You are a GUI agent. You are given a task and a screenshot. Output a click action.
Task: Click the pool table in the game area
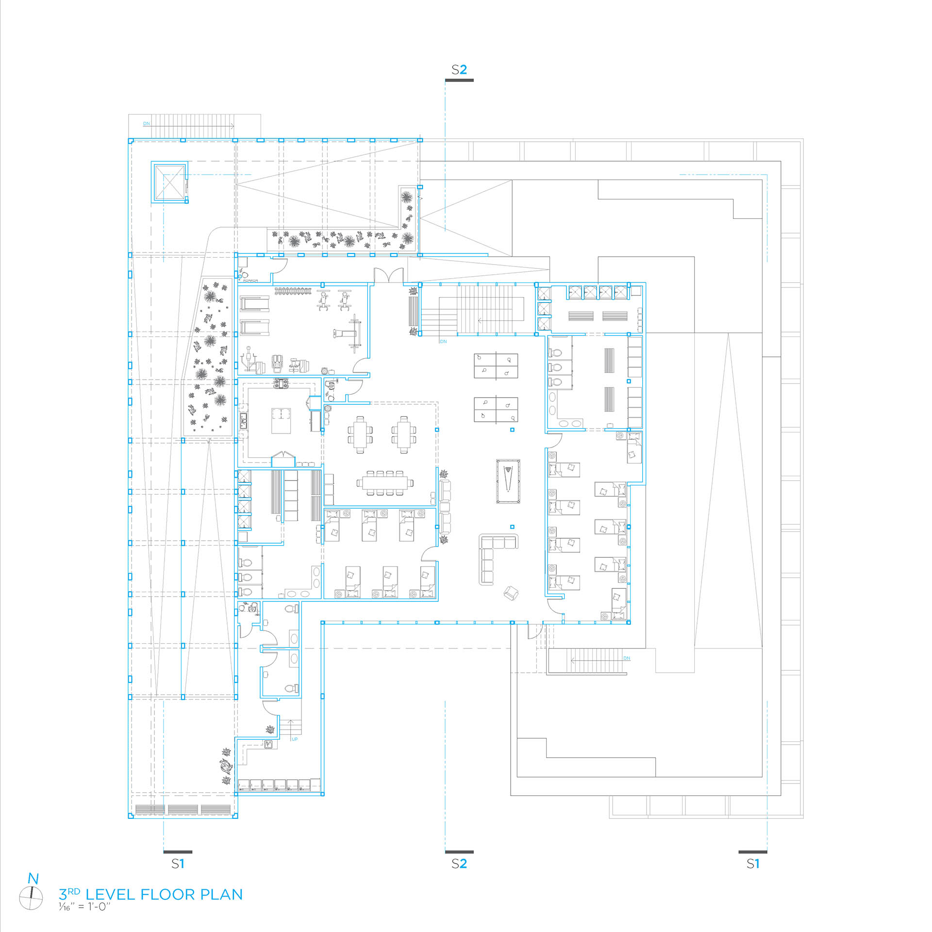pos(508,481)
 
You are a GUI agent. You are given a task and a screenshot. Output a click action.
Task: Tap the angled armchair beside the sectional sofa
pos(511,593)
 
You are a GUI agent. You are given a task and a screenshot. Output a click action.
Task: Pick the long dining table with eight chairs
pos(385,483)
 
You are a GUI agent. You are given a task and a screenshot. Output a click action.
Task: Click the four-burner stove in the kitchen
pos(281,384)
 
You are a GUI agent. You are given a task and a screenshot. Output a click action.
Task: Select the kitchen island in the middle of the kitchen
pos(281,420)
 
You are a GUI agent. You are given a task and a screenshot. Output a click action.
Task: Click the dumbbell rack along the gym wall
pos(293,291)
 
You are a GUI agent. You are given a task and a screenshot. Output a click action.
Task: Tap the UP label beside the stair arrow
pos(295,739)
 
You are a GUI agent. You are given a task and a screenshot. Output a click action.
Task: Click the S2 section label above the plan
pos(459,70)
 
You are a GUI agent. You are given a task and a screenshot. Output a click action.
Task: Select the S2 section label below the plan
pos(459,864)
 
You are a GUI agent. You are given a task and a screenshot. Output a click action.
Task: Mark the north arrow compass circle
pos(31,899)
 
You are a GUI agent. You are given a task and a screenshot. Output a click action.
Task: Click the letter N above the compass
pos(33,879)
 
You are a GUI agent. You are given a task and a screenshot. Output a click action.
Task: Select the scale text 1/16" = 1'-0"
pos(84,907)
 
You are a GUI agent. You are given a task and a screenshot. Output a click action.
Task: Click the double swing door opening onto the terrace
pos(388,275)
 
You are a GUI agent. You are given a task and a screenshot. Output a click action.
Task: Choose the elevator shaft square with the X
pos(169,182)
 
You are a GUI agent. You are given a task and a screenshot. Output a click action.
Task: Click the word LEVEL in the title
pos(111,895)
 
